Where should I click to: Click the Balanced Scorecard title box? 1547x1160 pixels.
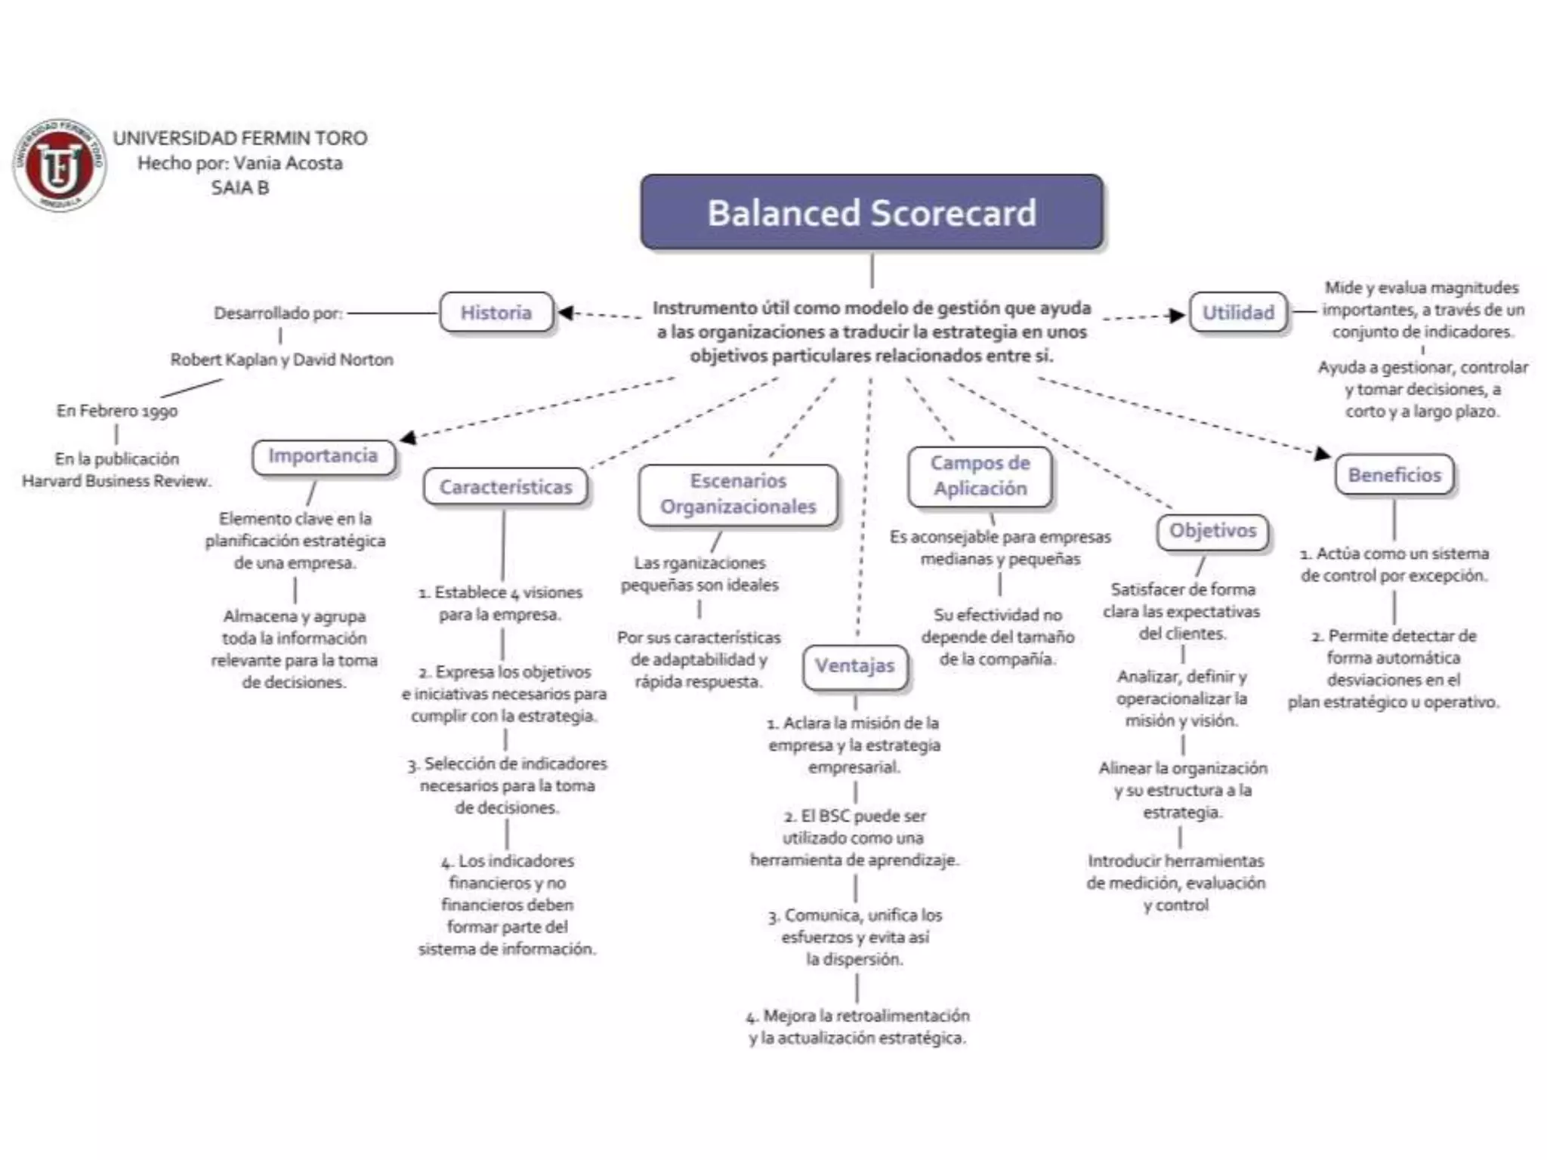872,212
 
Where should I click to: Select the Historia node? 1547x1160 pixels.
496,312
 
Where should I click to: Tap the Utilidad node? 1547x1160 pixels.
1238,312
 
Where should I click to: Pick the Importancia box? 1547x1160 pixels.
323,456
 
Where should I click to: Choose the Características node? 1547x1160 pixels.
505,487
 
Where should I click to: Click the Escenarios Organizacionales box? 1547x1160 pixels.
738,494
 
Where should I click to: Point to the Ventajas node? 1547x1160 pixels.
854,666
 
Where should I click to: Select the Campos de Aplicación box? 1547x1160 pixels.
980,476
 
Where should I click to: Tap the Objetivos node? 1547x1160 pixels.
1212,531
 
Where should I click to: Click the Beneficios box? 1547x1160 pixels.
1394,475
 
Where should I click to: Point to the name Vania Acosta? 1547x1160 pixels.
288,163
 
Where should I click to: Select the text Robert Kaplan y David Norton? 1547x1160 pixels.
282,359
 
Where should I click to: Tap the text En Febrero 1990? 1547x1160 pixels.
117,411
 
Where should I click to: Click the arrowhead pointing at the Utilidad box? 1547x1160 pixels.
1176,315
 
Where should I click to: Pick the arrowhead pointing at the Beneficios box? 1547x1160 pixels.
1321,453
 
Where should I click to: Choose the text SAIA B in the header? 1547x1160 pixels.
240,188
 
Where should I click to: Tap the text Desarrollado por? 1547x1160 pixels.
278,313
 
